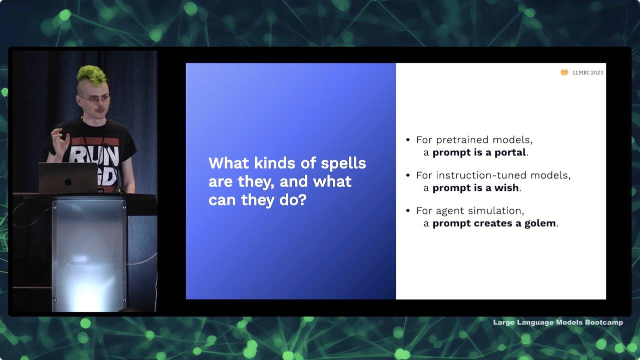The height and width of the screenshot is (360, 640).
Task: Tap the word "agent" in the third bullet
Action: pos(450,211)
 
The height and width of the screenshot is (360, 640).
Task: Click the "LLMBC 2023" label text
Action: pos(587,72)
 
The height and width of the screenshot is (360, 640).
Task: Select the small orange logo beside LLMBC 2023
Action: pos(564,72)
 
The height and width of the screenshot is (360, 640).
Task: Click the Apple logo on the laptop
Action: pos(68,181)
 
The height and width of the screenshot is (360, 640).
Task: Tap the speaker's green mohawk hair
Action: pos(92,75)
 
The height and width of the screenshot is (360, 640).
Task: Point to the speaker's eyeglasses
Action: pos(94,99)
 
